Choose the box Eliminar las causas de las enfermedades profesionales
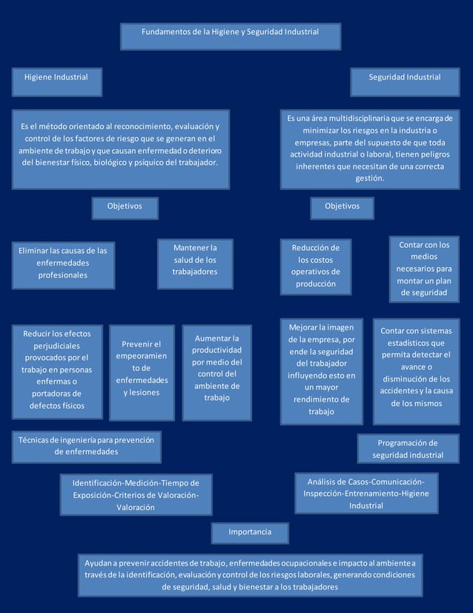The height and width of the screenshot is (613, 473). pyautogui.click(x=63, y=264)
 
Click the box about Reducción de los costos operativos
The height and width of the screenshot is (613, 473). pyautogui.click(x=316, y=266)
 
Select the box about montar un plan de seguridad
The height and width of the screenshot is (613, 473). pyautogui.click(x=423, y=269)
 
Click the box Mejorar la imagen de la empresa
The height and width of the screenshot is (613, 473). pyautogui.click(x=322, y=370)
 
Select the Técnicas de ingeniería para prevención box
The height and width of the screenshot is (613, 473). pyautogui.click(x=87, y=446)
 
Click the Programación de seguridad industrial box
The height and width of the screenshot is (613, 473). pyautogui.click(x=408, y=449)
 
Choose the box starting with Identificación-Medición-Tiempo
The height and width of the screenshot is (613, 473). pyautogui.click(x=136, y=494)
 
